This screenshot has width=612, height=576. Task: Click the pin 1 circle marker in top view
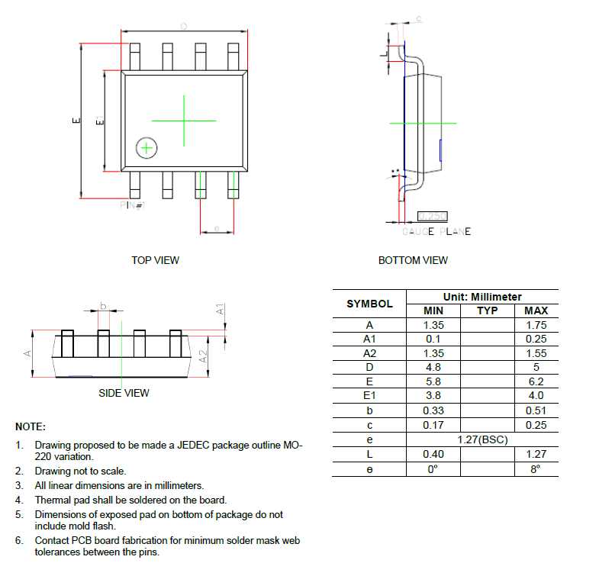[146, 148]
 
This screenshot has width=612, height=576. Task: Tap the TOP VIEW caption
[155, 260]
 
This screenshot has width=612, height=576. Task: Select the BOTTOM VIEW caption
[413, 260]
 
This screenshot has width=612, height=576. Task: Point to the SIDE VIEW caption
[124, 393]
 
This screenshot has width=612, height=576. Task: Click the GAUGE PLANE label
[436, 231]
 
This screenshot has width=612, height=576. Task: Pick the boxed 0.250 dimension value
[433, 217]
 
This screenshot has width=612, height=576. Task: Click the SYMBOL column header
[369, 304]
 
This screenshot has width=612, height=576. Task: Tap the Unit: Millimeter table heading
[482, 297]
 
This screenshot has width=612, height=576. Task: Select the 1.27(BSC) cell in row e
[482, 440]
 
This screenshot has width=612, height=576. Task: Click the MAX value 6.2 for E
[536, 381]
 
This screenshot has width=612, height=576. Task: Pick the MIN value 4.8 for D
[433, 367]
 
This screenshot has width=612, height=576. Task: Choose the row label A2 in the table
[369, 353]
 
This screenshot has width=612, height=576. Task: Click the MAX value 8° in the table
[536, 469]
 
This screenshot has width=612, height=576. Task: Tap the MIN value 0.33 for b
[433, 410]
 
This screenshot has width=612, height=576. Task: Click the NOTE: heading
[31, 426]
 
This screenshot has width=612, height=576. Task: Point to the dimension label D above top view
[183, 27]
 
